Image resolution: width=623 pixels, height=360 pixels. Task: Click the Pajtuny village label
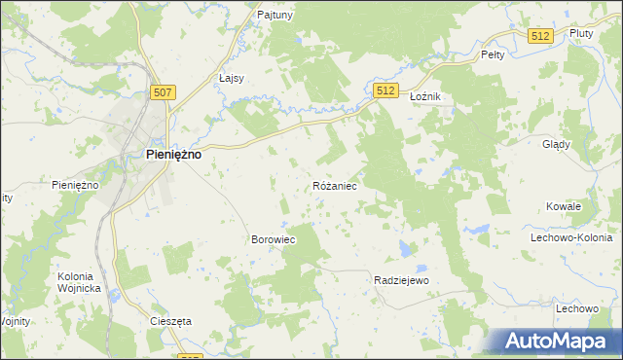[275, 16]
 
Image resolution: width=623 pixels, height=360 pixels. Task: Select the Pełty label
[493, 55]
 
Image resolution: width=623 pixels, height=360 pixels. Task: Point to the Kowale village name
[564, 206]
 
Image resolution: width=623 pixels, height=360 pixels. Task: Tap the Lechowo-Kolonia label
[570, 237]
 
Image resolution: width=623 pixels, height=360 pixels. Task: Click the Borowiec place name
[274, 238]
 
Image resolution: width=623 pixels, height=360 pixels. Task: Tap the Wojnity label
[16, 320]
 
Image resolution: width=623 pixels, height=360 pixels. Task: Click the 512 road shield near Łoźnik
[385, 90]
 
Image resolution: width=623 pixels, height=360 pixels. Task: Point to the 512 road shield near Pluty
[542, 36]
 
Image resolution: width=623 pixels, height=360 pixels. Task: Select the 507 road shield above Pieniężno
[164, 92]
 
